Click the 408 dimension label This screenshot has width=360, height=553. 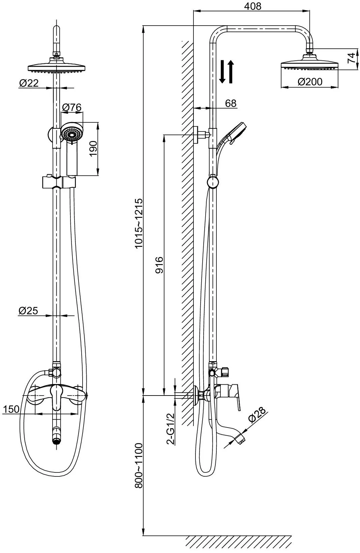coord(252,6)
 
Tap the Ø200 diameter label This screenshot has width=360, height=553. coord(310,82)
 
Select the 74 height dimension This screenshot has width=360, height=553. coord(351,58)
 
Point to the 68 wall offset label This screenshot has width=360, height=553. coord(231,103)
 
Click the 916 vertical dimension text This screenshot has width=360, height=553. coord(159,265)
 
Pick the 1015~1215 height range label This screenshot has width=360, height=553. coord(139,223)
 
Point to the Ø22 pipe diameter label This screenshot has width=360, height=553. coord(29,83)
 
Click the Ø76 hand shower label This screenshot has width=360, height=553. coord(72,107)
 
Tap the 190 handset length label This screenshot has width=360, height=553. coord(93,148)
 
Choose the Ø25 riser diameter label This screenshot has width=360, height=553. coord(28,311)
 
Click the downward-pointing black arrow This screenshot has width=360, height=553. coord(222,71)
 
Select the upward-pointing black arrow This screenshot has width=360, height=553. coord(231,71)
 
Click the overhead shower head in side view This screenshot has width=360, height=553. coord(309,64)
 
